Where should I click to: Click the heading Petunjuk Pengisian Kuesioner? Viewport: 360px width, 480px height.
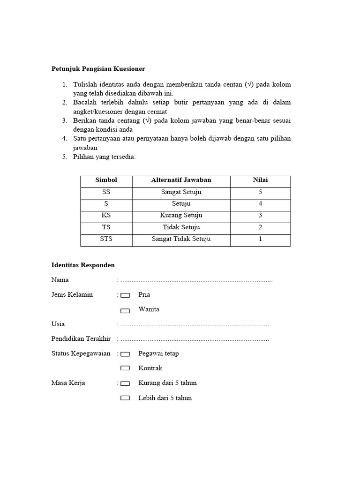point(98,69)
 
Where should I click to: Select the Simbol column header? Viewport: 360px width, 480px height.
point(106,180)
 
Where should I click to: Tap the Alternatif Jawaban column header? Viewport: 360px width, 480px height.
point(181,180)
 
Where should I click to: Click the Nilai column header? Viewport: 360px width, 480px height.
point(260,180)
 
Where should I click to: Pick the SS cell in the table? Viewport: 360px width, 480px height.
point(106,192)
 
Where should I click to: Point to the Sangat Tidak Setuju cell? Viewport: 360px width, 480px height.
point(181,239)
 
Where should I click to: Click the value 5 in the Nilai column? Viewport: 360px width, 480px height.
point(260,192)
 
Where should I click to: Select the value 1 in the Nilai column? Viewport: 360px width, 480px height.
point(260,239)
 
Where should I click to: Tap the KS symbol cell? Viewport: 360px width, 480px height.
point(106,216)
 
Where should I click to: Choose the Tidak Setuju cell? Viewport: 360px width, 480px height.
point(181,227)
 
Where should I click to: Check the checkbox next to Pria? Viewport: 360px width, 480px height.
point(125,296)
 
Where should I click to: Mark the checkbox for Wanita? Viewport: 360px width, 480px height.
point(125,310)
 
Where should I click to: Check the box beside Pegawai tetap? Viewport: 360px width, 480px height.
point(125,354)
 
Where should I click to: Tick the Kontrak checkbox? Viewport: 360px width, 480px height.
point(125,369)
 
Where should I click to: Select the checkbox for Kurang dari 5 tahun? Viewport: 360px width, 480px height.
point(125,383)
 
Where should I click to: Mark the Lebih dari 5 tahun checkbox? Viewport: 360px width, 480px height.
point(125,398)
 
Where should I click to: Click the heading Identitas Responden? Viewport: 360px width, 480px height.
point(82,265)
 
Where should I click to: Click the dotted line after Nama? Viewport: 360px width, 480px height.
point(196,280)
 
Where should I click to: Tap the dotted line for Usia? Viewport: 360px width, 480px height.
point(195,324)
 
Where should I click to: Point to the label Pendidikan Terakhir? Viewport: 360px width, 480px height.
point(81,339)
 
